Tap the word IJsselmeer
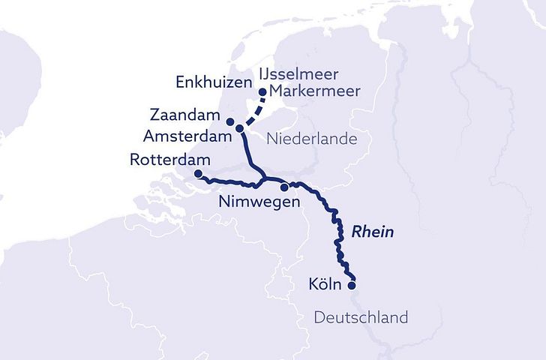pos(298,75)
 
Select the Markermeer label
pos(307,92)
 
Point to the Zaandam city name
pos(183,117)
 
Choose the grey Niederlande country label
pos(311,139)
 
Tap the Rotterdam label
pos(162,160)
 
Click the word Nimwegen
pos(259,202)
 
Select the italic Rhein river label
pos(373,232)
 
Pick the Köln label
pos(324,285)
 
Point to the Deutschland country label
pos(361,317)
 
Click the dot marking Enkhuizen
pos(262,92)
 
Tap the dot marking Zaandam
pos(230,122)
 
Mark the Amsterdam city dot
pos(239,129)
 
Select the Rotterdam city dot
pos(198,174)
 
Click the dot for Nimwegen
pos(284,187)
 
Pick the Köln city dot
pos(352,284)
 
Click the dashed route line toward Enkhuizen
pos(252,109)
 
